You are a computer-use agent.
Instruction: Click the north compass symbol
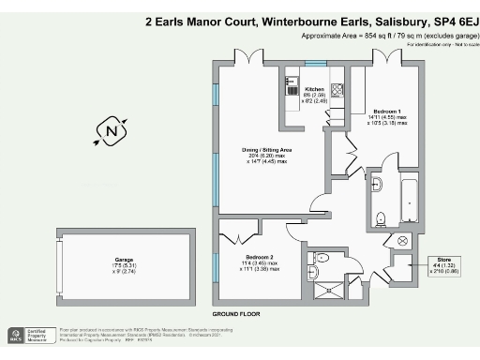coord(112,131)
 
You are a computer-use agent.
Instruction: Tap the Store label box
coord(443,263)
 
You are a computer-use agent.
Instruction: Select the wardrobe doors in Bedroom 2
coord(246,230)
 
